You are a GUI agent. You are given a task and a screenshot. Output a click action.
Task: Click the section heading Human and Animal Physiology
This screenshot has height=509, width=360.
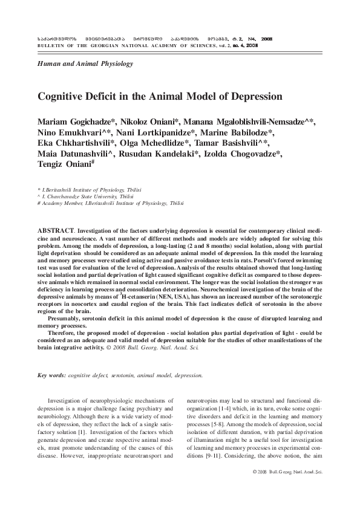click(85, 63)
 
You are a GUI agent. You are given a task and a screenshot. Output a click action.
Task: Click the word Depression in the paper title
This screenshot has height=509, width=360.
click(249, 96)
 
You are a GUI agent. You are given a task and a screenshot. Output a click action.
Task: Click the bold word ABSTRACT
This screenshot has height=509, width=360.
click(56, 232)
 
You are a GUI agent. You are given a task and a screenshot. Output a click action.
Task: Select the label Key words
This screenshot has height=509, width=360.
click(51, 375)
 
